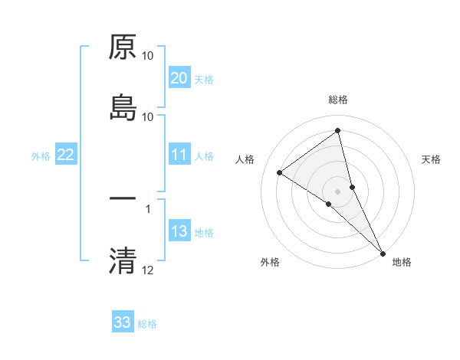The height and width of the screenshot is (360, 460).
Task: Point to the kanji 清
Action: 123,260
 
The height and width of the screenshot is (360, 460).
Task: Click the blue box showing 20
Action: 179,78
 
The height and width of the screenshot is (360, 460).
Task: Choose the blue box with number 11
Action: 179,155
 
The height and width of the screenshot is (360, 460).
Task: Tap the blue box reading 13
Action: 179,231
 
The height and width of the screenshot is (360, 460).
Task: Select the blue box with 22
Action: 65,155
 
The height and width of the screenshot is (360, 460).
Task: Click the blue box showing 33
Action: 122,322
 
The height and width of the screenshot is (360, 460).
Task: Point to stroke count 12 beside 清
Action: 148,270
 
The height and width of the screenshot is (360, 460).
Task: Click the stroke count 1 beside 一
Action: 148,208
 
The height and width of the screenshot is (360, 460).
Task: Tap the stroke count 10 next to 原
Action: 148,56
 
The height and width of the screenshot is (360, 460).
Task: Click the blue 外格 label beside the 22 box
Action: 41,155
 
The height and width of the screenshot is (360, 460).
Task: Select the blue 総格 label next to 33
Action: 147,323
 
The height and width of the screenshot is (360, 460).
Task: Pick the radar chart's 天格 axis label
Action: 432,159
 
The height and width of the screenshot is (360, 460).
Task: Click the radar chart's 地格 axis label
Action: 402,262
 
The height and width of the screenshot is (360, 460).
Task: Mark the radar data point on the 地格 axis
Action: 383,251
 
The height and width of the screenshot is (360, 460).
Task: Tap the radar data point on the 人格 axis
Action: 280,172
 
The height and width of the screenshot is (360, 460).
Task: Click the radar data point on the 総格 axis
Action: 338,131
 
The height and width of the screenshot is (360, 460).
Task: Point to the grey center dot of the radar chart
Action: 338,191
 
